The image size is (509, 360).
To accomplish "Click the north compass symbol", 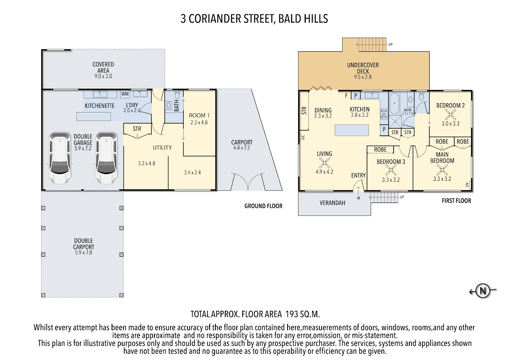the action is click(x=482, y=291).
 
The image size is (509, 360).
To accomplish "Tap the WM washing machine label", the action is click(x=125, y=94).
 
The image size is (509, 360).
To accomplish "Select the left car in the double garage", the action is click(x=60, y=158).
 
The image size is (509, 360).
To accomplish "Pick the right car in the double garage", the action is click(x=106, y=158).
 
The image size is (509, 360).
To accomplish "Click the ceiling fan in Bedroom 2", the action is click(x=450, y=114).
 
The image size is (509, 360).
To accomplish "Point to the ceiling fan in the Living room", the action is click(x=324, y=163).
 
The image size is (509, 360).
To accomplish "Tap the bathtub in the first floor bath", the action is click(x=394, y=103).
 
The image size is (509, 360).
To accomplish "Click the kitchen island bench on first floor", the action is click(x=352, y=130).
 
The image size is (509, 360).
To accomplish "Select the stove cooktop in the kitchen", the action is click(x=384, y=114).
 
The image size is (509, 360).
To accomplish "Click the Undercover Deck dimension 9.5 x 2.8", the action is click(x=363, y=77).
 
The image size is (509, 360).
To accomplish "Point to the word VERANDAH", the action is click(x=332, y=203).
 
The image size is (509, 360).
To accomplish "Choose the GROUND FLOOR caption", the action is click(x=263, y=206).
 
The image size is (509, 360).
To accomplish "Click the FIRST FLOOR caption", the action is click(x=456, y=201).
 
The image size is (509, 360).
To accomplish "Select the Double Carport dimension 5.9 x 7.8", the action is click(x=84, y=253).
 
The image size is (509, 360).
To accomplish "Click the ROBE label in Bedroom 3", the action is click(x=380, y=149).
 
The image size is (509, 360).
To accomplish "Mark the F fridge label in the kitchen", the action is click(x=346, y=96).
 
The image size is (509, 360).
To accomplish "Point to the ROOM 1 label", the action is click(x=199, y=115).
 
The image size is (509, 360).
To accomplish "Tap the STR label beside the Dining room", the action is click(x=304, y=110).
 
